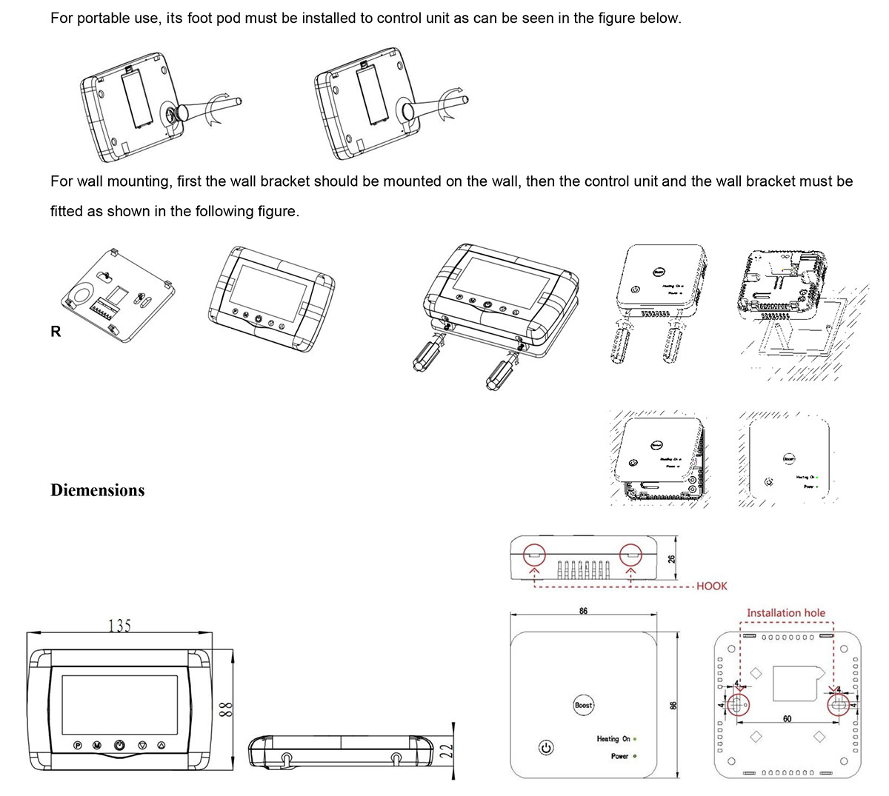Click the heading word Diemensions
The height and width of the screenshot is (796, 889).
click(x=97, y=490)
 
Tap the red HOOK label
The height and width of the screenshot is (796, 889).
click(x=711, y=586)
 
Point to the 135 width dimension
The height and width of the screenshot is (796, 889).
click(x=119, y=626)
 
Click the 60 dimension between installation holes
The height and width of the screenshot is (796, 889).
click(x=787, y=719)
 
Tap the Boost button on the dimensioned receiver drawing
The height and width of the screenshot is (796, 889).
click(x=584, y=705)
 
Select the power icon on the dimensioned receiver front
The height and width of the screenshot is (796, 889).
click(x=546, y=748)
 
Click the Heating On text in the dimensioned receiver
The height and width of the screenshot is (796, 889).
click(x=613, y=738)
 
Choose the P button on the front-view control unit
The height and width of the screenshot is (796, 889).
click(x=78, y=744)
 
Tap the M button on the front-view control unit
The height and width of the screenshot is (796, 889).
click(x=97, y=744)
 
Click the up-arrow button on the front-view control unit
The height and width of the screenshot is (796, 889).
click(x=163, y=744)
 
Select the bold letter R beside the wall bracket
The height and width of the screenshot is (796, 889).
click(x=56, y=332)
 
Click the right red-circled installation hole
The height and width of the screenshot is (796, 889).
click(x=838, y=706)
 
